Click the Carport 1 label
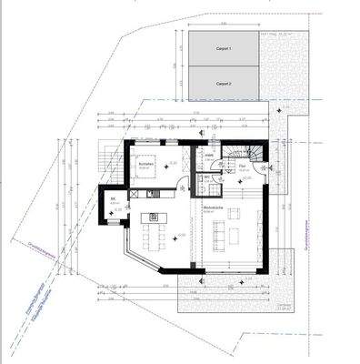[224, 49]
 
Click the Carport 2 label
[224, 82]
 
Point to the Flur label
[243, 167]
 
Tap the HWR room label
[208, 156]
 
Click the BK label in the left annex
[113, 200]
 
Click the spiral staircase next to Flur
[255, 154]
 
